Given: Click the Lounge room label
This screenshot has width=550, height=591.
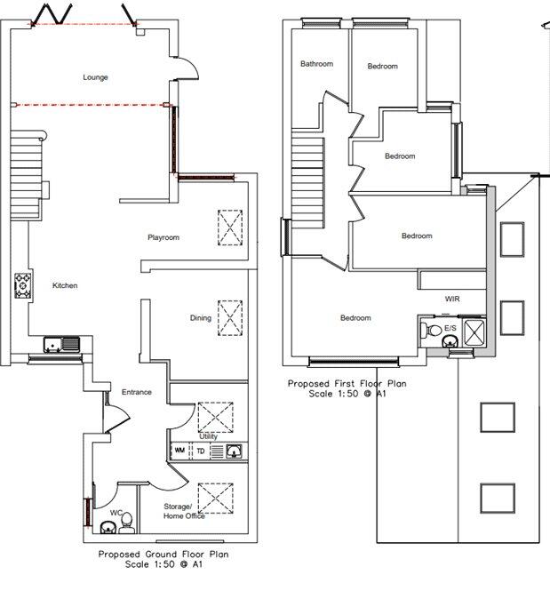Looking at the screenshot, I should (95, 77).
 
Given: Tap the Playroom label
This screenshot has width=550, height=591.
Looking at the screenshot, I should (163, 237).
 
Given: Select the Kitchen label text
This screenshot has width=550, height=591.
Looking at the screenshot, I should (65, 285).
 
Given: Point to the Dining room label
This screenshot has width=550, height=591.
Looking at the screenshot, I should (200, 318).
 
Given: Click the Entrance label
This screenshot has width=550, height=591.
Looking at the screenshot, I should (136, 392).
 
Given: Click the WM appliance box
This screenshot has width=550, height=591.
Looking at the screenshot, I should (179, 451).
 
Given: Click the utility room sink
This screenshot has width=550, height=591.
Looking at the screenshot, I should (234, 451).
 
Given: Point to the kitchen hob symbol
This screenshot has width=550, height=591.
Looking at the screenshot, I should (21, 286).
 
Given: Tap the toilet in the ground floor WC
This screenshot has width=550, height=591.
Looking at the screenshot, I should (125, 519).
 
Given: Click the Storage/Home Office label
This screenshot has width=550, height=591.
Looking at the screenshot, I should (184, 511).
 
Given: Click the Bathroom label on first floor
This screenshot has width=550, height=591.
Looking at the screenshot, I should (316, 64).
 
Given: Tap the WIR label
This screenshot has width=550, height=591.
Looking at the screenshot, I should (451, 299).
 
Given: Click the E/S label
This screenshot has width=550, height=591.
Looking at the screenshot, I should (450, 328).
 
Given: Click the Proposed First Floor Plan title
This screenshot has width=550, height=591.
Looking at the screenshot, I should (347, 384).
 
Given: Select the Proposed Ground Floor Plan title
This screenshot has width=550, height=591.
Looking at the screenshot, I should (152, 553).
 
